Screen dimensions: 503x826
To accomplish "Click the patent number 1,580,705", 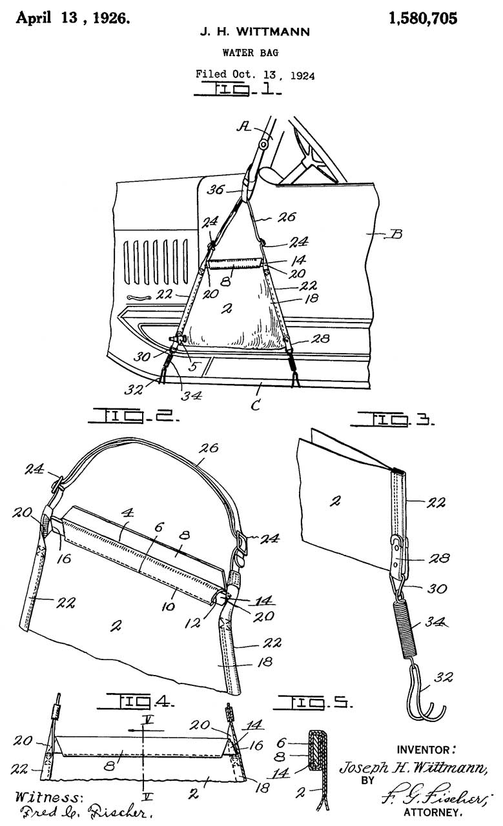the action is [x=423, y=19].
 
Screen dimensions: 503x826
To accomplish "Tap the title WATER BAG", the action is [x=250, y=53].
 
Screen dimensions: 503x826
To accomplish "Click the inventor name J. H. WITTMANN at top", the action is [x=254, y=32].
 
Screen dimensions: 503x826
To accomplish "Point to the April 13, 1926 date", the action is [x=73, y=17].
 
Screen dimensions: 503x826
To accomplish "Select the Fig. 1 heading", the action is [x=238, y=90].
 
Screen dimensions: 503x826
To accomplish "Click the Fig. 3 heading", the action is [x=393, y=419].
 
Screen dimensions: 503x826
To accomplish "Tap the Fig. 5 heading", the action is [x=313, y=702].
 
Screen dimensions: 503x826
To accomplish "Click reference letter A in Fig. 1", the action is [x=243, y=127].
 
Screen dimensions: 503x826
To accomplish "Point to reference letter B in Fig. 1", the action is [x=396, y=234].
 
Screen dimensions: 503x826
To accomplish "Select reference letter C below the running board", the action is [x=256, y=405].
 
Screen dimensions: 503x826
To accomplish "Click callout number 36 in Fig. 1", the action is [x=215, y=190].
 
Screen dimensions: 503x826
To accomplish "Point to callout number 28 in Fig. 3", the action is [x=439, y=558].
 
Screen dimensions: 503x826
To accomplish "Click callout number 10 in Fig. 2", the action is [x=168, y=606].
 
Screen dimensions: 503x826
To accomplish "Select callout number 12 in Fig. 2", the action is [x=192, y=623].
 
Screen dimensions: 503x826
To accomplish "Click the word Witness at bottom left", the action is [x=47, y=797].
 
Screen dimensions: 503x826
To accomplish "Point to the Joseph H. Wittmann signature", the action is [x=413, y=768].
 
